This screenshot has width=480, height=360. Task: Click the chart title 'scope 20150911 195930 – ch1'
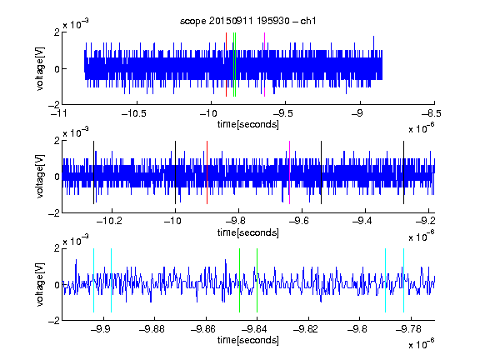[x=247, y=21]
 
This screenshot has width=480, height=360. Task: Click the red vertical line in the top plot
[x=226, y=64]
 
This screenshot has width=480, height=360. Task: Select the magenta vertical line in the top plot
[x=264, y=64]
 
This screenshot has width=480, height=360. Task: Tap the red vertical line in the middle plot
[x=207, y=172]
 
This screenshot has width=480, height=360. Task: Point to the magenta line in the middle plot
[x=290, y=172]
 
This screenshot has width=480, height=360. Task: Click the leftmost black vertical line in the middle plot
[x=93, y=172]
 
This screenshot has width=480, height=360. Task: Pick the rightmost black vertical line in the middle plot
[x=403, y=172]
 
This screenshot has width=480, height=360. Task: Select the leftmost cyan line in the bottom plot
[x=93, y=280]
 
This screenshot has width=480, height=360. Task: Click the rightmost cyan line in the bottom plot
[x=403, y=280]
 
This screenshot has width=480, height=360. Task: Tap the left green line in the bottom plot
[x=239, y=280]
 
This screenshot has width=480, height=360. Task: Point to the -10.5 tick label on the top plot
[x=134, y=113]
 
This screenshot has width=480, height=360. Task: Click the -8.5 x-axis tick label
[x=431, y=113]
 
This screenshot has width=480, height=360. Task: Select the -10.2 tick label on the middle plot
[x=109, y=221]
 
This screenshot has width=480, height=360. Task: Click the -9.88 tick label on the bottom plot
[x=152, y=329]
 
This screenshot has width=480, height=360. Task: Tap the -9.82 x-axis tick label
[x=306, y=329]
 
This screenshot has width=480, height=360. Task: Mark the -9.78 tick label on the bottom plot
[x=408, y=329]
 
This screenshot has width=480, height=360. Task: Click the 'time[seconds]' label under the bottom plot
[x=248, y=340]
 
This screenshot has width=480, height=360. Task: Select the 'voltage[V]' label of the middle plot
[x=40, y=177]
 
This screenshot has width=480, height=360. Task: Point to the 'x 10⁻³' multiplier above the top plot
[x=76, y=24]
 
